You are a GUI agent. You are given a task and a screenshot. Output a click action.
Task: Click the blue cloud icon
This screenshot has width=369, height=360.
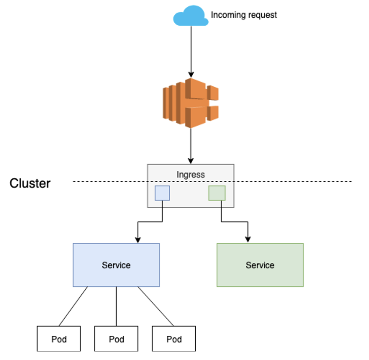tap(191, 16)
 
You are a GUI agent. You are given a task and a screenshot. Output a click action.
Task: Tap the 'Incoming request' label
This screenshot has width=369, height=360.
tap(244, 15)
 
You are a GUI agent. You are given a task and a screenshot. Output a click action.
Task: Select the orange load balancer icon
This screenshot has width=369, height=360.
tap(191, 103)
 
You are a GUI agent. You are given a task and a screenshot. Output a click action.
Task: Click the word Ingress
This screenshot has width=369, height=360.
tap(191, 174)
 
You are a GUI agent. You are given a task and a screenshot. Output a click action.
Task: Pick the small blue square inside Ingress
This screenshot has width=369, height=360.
tap(162, 193)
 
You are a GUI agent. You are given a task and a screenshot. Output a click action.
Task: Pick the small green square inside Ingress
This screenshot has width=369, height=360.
tap(217, 193)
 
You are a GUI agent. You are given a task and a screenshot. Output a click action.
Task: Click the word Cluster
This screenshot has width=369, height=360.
tap(30, 183)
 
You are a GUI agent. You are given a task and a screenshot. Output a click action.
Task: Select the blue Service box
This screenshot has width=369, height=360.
tap(116, 265)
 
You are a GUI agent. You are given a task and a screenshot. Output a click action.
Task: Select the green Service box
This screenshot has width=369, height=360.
tap(260, 265)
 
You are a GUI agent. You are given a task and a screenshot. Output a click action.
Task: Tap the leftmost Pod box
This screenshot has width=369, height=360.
tap(58, 339)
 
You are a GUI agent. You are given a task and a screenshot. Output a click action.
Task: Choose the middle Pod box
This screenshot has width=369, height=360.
tap(116, 339)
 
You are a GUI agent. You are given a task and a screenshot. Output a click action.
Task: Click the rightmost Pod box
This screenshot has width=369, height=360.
tap(174, 339)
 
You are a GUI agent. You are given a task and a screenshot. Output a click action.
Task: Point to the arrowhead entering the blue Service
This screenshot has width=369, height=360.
tap(138, 240)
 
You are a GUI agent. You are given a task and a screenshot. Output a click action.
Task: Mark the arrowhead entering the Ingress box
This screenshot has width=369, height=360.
tap(191, 161)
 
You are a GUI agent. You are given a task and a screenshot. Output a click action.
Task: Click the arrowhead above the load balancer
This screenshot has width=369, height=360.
tap(191, 75)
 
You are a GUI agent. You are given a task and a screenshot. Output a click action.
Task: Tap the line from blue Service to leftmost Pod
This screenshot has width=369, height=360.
tap(73, 306)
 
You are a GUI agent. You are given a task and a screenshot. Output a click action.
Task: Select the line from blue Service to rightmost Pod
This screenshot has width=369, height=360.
tap(156, 306)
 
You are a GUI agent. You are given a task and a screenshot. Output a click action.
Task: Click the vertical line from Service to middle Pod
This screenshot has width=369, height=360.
tap(116, 306)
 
